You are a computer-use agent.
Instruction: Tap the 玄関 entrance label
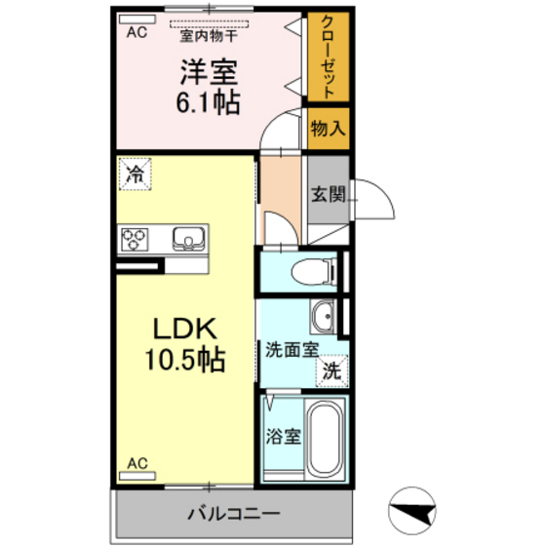[x=327, y=193]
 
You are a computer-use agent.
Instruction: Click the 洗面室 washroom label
[x=290, y=347]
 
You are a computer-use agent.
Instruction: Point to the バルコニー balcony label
[x=233, y=512]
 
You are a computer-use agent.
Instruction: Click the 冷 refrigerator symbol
[x=136, y=175]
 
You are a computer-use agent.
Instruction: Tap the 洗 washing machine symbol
[x=332, y=370]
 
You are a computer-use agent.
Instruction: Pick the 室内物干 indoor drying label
[x=209, y=36]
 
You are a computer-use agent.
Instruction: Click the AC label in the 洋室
[x=136, y=32]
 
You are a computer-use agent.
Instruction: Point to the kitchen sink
[x=186, y=238]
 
